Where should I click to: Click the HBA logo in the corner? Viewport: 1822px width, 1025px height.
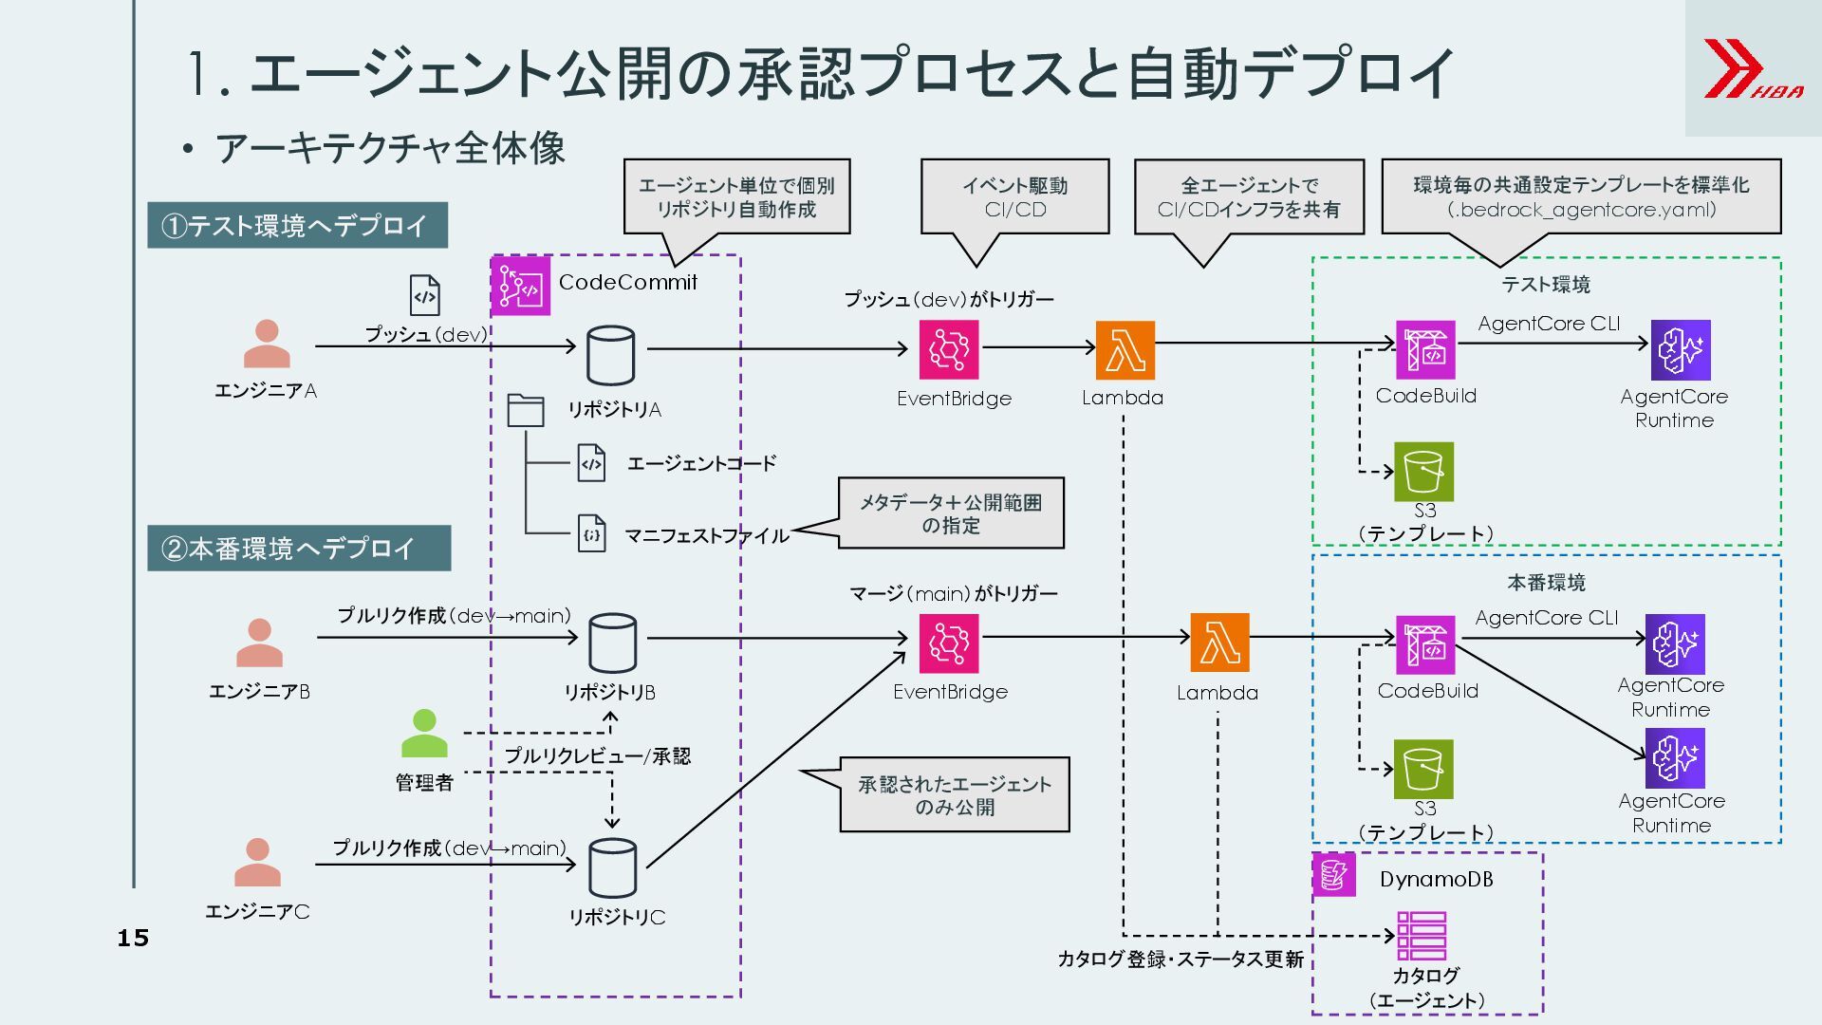1753,68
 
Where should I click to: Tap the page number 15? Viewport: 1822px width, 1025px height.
133,938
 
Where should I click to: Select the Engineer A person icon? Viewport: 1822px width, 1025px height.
267,344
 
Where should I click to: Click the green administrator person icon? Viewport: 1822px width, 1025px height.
424,734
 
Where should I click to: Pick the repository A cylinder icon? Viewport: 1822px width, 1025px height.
610,355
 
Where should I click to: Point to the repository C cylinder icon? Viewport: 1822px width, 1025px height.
612,867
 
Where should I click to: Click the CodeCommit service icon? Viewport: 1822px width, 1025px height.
520,286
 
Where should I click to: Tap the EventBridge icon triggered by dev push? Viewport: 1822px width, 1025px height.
948,349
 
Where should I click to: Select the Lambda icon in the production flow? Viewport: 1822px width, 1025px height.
1219,643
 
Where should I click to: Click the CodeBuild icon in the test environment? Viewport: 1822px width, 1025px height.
1424,349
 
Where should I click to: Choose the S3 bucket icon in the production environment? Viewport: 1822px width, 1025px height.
1423,769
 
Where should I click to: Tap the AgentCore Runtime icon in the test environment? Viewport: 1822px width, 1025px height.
1680,349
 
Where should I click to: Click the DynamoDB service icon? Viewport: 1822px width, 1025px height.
1333,875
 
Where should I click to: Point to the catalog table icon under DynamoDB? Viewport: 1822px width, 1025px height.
1421,936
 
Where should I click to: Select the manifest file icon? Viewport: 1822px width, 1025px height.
591,534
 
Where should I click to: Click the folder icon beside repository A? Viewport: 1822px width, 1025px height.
525,410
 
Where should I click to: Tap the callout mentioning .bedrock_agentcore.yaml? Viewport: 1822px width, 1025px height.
1581,196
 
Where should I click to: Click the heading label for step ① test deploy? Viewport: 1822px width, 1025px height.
297,226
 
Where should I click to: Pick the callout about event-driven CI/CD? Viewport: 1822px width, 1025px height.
1014,196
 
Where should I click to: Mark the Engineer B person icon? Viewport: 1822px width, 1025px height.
259,643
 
